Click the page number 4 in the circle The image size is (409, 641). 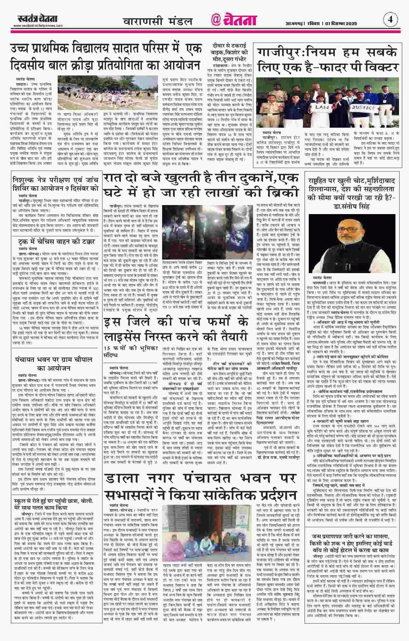coord(390,19)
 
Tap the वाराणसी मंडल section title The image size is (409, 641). coord(158,21)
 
